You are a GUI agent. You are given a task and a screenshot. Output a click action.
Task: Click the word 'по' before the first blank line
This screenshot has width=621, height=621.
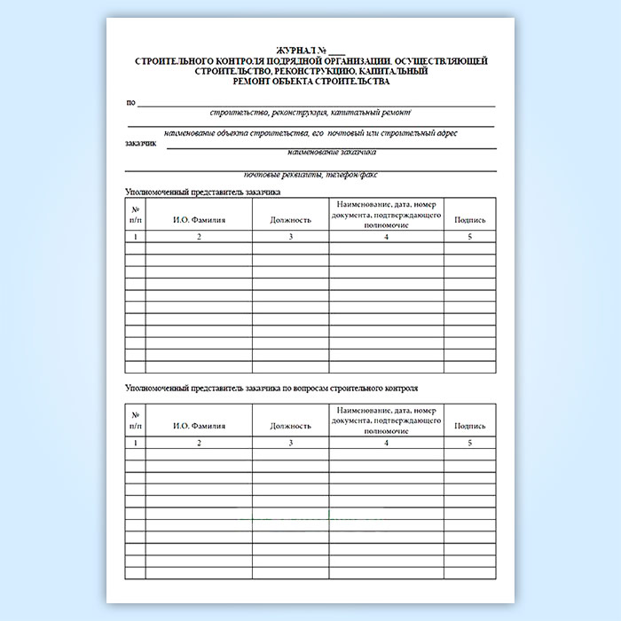click(130, 103)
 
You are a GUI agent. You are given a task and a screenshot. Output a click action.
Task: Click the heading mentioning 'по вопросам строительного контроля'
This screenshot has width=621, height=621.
click(271, 389)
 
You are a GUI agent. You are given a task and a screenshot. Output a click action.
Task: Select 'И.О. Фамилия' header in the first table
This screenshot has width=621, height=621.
click(199, 219)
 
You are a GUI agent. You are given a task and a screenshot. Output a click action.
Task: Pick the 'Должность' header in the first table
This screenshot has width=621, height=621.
click(291, 219)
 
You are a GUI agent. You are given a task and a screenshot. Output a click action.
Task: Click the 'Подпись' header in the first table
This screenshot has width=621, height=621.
click(469, 219)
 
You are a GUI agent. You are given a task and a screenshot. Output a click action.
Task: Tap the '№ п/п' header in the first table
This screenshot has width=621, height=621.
click(135, 214)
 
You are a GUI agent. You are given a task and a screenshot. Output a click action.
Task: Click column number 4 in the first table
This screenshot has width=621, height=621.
click(386, 237)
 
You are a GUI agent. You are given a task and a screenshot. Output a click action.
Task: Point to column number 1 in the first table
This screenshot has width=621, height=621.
click(135, 237)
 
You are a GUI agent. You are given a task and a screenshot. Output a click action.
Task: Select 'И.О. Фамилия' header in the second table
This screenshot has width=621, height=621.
click(199, 425)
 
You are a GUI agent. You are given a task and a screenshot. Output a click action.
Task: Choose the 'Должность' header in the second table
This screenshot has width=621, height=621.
click(291, 425)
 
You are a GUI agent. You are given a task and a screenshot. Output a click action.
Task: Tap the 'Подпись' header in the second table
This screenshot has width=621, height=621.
click(469, 425)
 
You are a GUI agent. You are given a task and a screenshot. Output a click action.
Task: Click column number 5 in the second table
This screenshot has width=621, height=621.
click(469, 443)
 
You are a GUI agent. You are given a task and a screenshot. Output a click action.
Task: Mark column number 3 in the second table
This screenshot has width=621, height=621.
click(291, 443)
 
